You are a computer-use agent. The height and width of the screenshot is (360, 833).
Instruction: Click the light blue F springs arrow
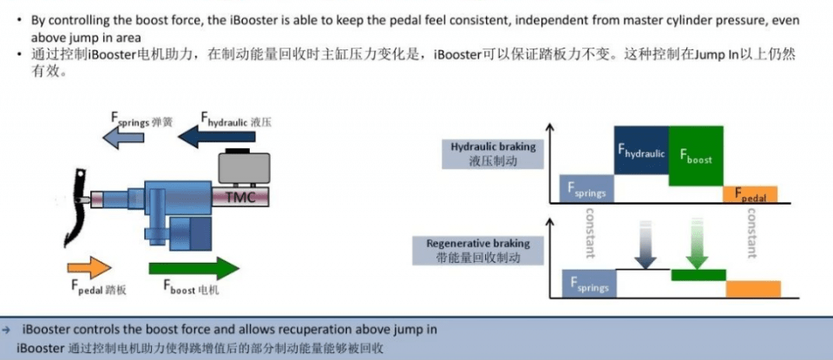(122, 138)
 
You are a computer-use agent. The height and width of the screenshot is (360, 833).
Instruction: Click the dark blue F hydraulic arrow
(216, 138)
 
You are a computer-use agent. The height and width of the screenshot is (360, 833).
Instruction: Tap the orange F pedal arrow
(89, 267)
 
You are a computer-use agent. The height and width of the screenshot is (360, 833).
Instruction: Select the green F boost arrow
(193, 268)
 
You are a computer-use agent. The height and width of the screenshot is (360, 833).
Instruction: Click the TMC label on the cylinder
(240, 198)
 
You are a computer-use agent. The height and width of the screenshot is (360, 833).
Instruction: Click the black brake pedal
(77, 207)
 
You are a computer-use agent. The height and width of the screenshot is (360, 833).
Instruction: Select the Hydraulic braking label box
(493, 154)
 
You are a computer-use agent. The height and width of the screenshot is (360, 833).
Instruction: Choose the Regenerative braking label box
(478, 251)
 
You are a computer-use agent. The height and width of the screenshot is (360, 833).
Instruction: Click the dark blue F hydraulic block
(641, 150)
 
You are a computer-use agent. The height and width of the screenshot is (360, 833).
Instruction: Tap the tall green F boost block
(696, 156)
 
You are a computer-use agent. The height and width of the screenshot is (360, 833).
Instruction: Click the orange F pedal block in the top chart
(750, 194)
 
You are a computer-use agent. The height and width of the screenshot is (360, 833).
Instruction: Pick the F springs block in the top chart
(587, 188)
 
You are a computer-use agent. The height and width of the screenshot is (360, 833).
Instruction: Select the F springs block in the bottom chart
(590, 283)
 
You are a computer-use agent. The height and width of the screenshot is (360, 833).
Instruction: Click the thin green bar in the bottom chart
(699, 275)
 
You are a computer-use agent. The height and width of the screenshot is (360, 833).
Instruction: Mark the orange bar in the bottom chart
(753, 289)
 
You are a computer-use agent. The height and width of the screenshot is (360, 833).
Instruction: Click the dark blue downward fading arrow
(645, 244)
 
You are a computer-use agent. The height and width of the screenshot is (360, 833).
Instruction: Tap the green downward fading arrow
(697, 244)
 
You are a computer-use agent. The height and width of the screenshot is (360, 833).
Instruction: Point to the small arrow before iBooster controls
(6, 331)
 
